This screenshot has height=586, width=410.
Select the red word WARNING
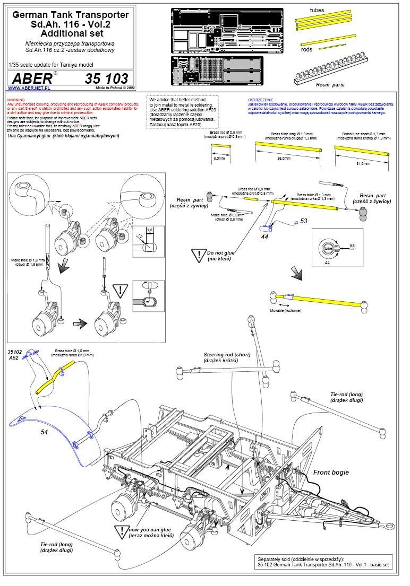click(16, 99)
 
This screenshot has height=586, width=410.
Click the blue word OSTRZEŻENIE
click(260, 100)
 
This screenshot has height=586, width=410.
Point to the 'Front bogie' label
click(331, 472)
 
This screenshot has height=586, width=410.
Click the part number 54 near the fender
click(44, 432)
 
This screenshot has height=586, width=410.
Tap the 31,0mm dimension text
click(363, 163)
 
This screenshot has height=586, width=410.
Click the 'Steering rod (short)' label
click(228, 357)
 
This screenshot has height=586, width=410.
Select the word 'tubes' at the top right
click(317, 10)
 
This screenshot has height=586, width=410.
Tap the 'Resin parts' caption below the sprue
click(330, 84)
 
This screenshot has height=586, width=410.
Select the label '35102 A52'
click(15, 354)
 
